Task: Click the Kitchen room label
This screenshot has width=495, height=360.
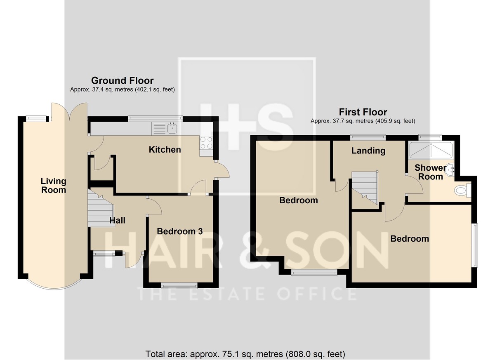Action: click(x=165, y=150)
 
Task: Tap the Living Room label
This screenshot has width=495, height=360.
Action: click(x=54, y=186)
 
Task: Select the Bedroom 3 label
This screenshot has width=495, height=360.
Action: click(x=180, y=231)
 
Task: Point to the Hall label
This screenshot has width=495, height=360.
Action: click(x=117, y=220)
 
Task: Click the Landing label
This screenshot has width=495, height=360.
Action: click(x=368, y=151)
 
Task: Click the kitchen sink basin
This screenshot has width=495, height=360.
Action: click(x=172, y=129)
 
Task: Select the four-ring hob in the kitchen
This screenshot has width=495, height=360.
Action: click(x=206, y=143)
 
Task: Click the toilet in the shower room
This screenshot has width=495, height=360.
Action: click(x=463, y=190)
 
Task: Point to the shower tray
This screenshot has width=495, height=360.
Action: click(x=431, y=150)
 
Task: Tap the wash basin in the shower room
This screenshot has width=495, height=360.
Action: click(x=450, y=170)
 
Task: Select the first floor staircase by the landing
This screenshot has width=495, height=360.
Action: click(x=364, y=188)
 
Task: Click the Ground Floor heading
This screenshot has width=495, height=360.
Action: click(x=123, y=80)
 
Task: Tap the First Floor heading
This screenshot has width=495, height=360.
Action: click(x=363, y=112)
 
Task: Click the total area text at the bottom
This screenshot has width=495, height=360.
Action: click(x=245, y=354)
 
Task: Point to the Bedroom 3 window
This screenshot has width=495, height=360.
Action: click(x=179, y=286)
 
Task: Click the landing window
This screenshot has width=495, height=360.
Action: click(x=368, y=137)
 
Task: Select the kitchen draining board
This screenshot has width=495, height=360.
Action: click(x=159, y=129)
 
